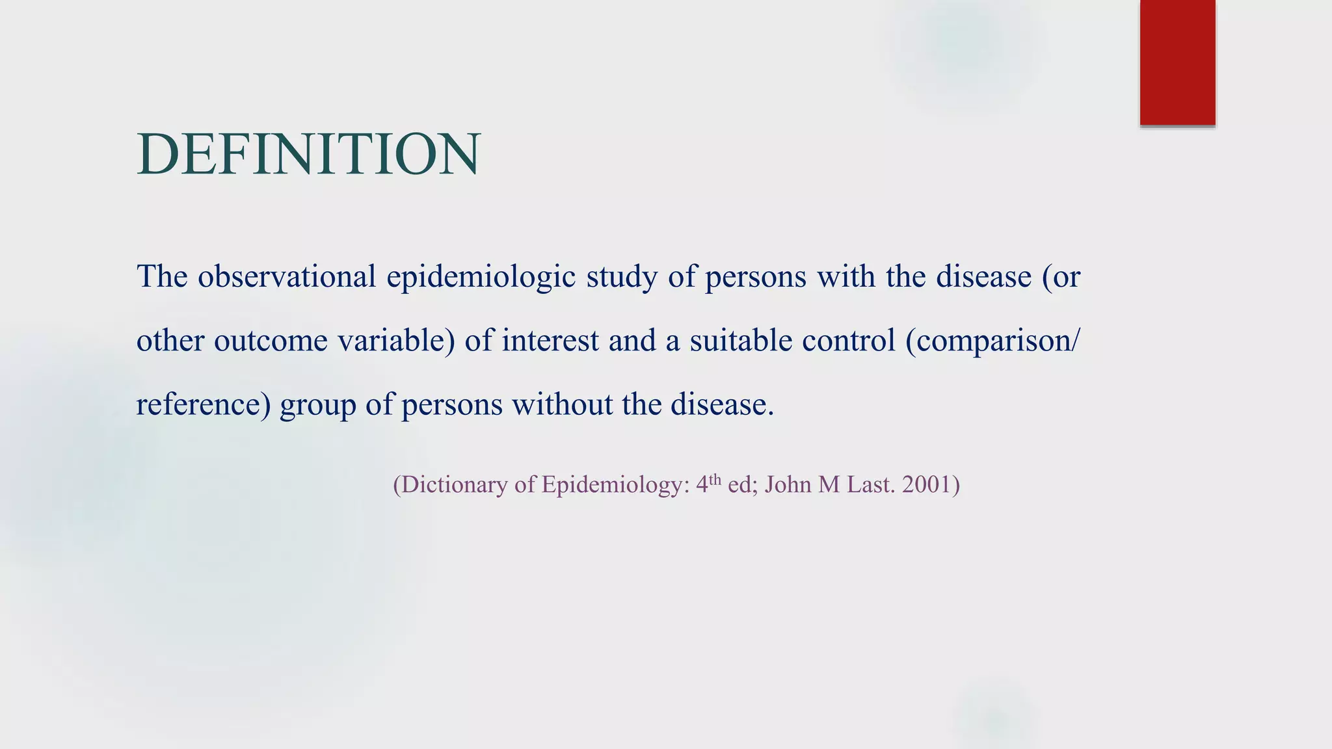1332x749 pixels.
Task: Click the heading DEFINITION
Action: pyautogui.click(x=308, y=154)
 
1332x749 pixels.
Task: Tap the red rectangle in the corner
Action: pyautogui.click(x=1177, y=62)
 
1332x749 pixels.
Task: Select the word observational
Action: pyautogui.click(x=287, y=276)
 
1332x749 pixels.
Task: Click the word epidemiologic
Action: pyautogui.click(x=481, y=278)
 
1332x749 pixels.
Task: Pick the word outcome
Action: pyautogui.click(x=271, y=341)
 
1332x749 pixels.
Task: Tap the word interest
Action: pyautogui.click(x=550, y=341)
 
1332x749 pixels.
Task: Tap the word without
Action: pyautogui.click(x=562, y=404)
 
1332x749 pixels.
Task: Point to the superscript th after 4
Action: pyautogui.click(x=715, y=480)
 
